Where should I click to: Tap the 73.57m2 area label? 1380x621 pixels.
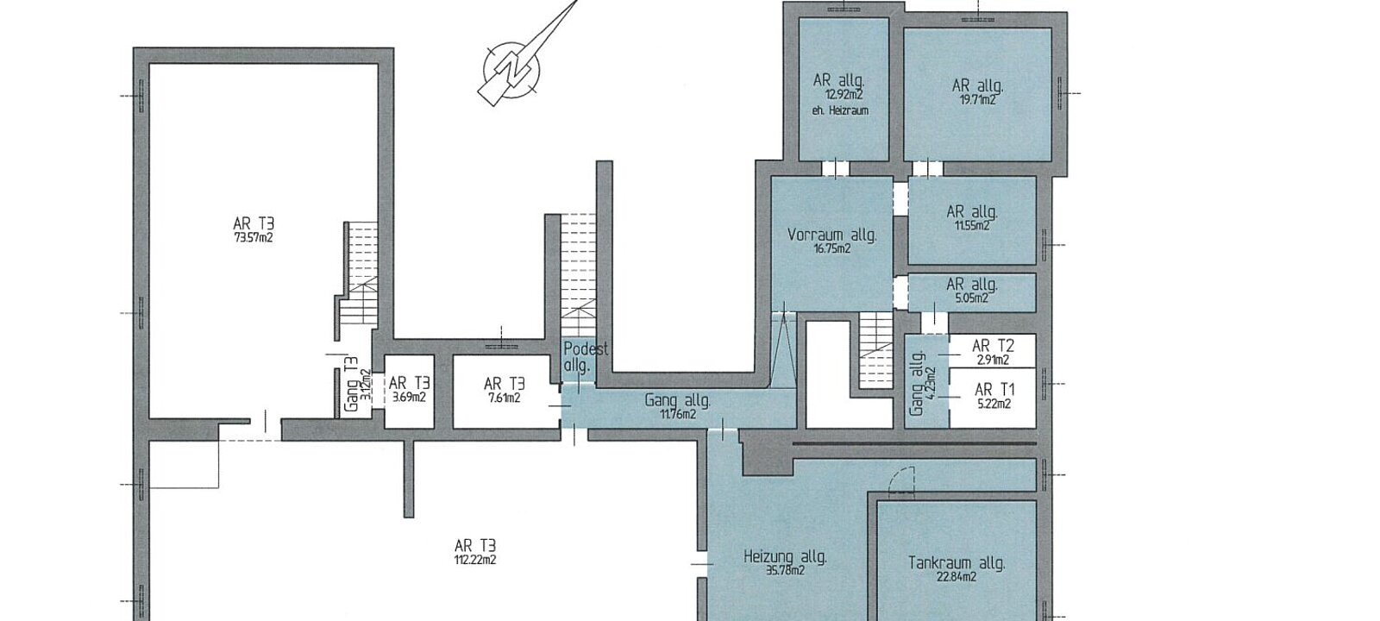(253, 238)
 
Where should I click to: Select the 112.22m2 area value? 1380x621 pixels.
(475, 560)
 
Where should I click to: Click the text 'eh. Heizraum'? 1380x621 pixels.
(840, 111)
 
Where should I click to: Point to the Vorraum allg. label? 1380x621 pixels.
(831, 235)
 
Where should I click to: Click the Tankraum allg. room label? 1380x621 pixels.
(957, 563)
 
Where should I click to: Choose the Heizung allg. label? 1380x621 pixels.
(785, 557)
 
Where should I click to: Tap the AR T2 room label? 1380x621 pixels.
(993, 346)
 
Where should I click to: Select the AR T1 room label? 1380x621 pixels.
(994, 389)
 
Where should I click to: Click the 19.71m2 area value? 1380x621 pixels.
(978, 100)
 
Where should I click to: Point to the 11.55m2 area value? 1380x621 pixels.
(972, 226)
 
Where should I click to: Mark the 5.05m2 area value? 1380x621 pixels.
(971, 298)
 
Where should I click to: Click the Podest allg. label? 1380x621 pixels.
(586, 357)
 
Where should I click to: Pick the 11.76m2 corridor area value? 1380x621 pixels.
(678, 414)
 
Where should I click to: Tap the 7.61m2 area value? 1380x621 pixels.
(504, 398)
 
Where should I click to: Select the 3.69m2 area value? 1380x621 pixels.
(408, 398)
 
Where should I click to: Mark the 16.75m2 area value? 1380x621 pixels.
(831, 249)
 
